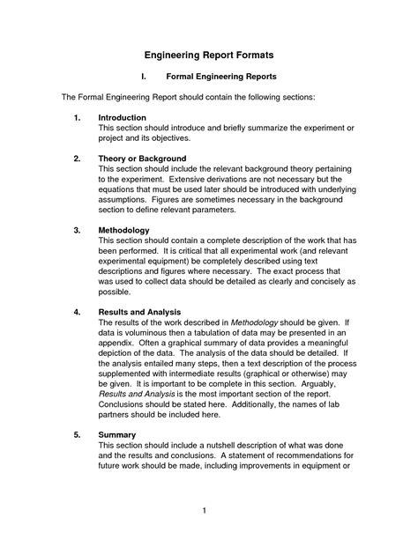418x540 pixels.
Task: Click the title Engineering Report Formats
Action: [209, 55]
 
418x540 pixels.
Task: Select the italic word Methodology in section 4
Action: [256, 324]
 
